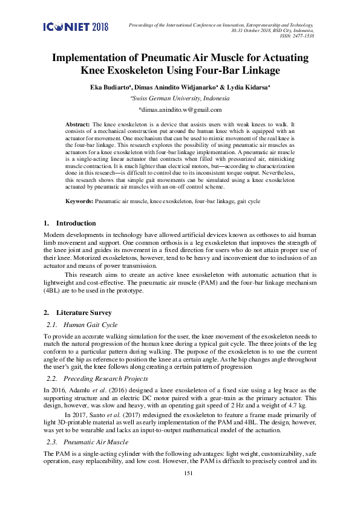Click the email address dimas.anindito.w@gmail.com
click(180, 109)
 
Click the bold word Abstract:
click(78, 123)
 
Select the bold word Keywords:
click(79, 199)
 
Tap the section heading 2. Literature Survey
click(77, 313)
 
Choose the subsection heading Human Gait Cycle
click(90, 325)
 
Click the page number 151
click(188, 490)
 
